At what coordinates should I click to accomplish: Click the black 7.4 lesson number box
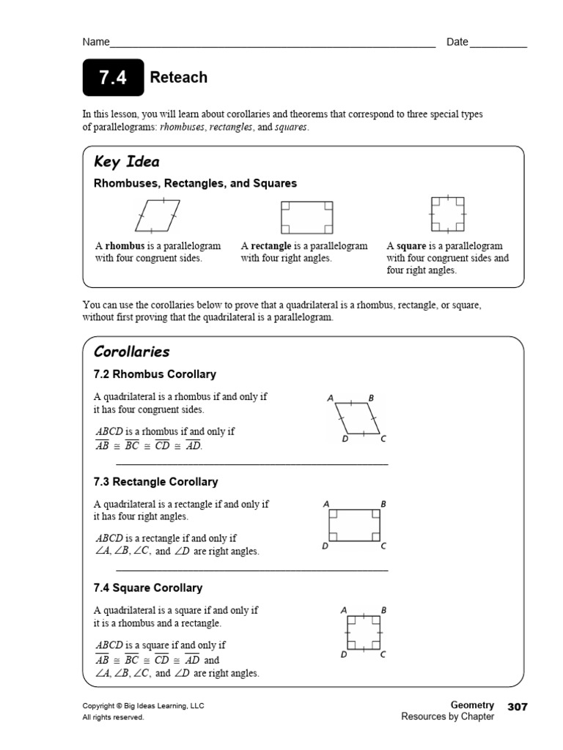(114, 78)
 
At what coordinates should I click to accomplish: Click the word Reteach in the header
(178, 78)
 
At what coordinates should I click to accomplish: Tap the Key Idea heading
(126, 162)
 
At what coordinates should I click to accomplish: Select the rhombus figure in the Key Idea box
(157, 215)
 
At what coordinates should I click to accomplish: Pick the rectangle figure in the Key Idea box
(307, 218)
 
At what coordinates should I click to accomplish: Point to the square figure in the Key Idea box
(447, 215)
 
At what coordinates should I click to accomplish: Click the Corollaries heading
(131, 352)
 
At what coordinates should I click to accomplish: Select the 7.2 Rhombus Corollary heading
(155, 374)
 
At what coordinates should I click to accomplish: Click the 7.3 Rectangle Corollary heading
(155, 482)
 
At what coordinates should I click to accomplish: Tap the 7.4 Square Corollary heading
(148, 588)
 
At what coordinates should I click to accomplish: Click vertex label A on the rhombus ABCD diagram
(331, 398)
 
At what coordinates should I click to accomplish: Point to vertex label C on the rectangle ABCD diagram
(383, 546)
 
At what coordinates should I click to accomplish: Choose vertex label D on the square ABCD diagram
(343, 655)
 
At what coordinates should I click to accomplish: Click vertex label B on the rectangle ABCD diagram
(383, 504)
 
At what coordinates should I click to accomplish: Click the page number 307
(517, 706)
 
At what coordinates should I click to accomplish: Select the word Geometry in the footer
(472, 705)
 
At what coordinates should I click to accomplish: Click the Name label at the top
(95, 42)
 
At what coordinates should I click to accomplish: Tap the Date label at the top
(457, 42)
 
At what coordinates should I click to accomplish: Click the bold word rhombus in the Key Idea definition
(124, 246)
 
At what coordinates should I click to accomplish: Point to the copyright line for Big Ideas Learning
(143, 706)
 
